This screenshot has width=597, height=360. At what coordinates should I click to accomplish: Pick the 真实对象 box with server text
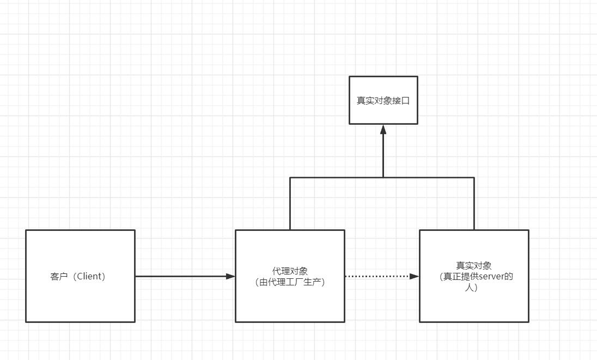pyautogui.click(x=474, y=305)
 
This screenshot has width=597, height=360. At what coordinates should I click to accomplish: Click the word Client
pyautogui.click(x=90, y=276)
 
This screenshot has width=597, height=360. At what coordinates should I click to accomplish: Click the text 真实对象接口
pyautogui.click(x=383, y=101)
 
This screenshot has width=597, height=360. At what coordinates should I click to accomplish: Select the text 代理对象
pyautogui.click(x=290, y=271)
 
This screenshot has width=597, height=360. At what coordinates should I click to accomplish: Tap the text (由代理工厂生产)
pyautogui.click(x=290, y=282)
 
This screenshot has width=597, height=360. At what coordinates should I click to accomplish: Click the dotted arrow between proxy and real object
pyautogui.click(x=376, y=276)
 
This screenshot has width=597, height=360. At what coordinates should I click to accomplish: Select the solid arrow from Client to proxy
pyautogui.click(x=180, y=276)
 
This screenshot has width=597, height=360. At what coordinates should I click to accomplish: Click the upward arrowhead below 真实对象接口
pyautogui.click(x=383, y=129)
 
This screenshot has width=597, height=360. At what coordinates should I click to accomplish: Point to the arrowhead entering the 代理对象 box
pyautogui.click(x=230, y=276)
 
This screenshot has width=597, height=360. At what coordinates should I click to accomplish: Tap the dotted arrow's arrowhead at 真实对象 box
pyautogui.click(x=415, y=276)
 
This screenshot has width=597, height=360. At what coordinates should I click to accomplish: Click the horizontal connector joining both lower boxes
pyautogui.click(x=338, y=178)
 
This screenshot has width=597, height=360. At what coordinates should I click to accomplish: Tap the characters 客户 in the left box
pyautogui.click(x=58, y=276)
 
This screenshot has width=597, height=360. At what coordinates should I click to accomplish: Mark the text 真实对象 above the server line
pyautogui.click(x=474, y=266)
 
